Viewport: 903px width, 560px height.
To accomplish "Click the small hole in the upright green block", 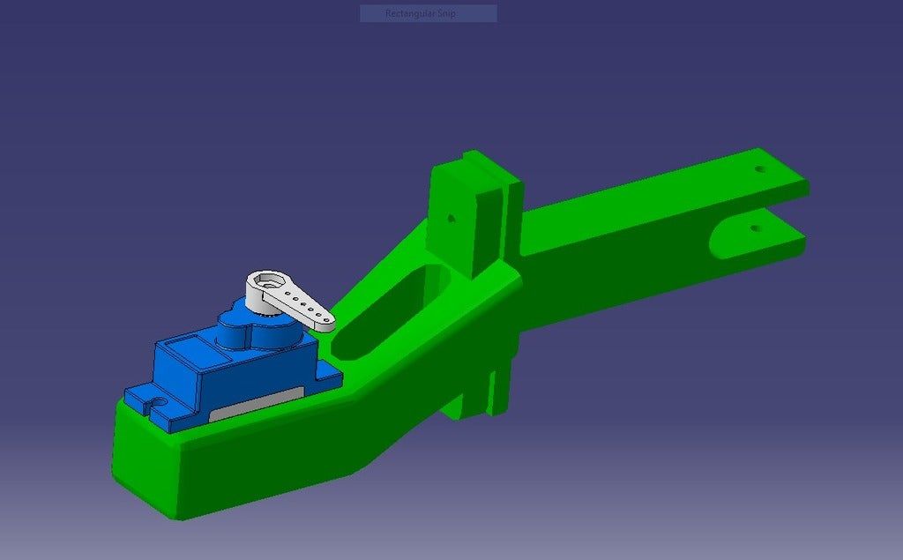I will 451,216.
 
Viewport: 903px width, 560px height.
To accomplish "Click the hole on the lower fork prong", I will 755,228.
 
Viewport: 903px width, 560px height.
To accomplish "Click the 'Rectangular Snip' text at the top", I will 428,13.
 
